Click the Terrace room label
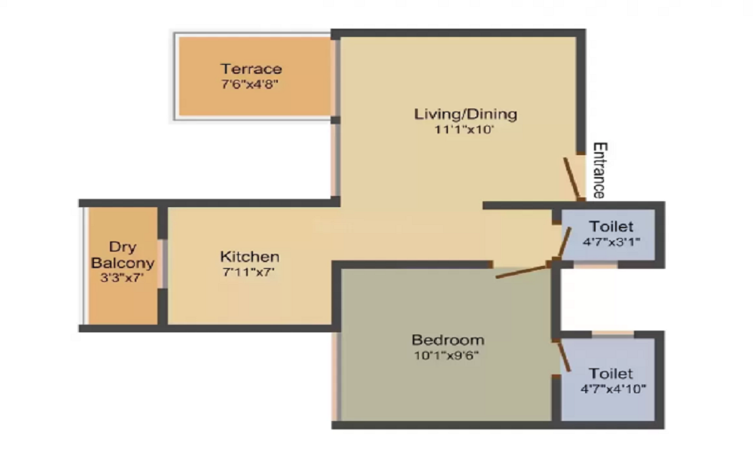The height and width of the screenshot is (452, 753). (251, 69)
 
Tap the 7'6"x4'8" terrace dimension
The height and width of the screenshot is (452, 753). (251, 84)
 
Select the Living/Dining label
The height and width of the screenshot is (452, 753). (465, 115)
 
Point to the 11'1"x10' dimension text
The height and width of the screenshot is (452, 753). (465, 130)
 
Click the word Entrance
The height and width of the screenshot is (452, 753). (599, 169)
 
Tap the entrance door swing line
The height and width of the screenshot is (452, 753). (573, 179)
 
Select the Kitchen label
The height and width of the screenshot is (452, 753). (249, 257)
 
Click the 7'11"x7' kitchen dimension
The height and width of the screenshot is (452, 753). (249, 272)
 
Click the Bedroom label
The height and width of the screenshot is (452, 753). (447, 339)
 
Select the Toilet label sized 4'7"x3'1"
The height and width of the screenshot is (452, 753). (611, 226)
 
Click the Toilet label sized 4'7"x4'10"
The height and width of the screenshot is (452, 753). (611, 374)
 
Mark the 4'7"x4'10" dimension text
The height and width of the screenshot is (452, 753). (611, 389)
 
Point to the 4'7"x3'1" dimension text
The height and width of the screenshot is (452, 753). (611, 242)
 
